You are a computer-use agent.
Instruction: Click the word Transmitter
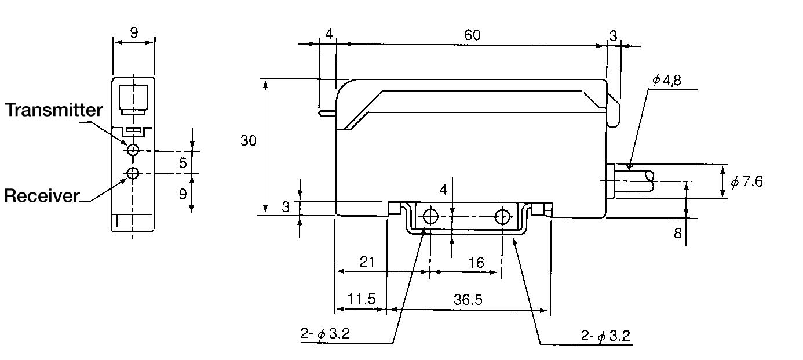[x=54, y=110]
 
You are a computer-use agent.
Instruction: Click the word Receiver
[x=41, y=196]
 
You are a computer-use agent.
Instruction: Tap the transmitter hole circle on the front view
[x=133, y=150]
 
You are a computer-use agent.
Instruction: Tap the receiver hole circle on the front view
[x=133, y=173]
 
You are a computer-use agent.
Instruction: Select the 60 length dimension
[x=472, y=35]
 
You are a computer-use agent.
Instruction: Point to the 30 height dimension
[x=249, y=141]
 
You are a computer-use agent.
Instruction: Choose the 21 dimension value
[x=367, y=262]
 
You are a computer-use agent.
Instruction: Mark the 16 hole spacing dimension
[x=476, y=263]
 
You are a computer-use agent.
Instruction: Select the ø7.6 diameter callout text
[x=747, y=181]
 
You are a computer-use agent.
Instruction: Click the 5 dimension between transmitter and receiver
[x=183, y=163]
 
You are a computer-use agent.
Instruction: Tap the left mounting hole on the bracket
[x=430, y=217]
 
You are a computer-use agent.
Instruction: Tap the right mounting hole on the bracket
[x=502, y=217]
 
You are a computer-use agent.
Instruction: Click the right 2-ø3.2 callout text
[x=605, y=336]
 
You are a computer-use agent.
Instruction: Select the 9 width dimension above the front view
[x=134, y=32]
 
